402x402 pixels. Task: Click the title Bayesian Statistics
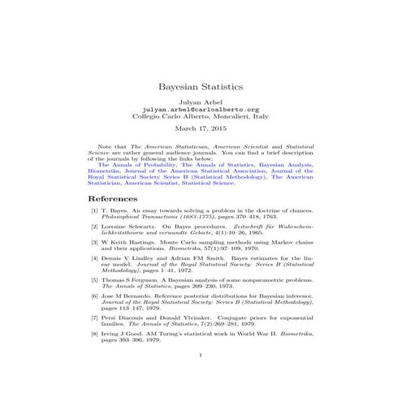tap(200, 85)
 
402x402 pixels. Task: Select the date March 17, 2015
tap(200, 128)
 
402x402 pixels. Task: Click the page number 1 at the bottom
tap(201, 377)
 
